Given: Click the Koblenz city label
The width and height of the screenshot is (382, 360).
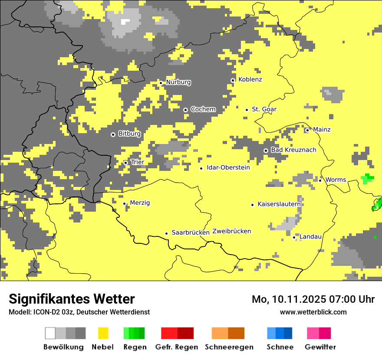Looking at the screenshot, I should (x=250, y=79).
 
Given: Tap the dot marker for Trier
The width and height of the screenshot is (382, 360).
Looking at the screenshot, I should (x=126, y=163).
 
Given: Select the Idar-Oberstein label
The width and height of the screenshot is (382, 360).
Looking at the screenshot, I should (x=228, y=167).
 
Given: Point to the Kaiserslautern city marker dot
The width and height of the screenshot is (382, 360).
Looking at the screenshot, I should (x=252, y=205).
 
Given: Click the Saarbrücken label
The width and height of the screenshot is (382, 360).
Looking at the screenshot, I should (x=191, y=232).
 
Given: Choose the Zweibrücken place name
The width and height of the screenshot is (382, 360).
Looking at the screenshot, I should (x=232, y=231).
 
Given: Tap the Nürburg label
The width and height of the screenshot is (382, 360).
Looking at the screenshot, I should (x=178, y=82).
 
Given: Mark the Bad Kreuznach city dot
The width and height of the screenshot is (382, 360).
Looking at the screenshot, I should (x=266, y=151).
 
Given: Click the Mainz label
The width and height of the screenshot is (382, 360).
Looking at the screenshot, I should (x=322, y=129).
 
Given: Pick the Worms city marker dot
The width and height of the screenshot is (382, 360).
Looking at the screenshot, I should (x=320, y=180).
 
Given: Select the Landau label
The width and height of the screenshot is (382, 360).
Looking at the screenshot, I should (x=310, y=236).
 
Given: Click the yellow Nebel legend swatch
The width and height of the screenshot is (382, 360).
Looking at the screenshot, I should (x=103, y=333).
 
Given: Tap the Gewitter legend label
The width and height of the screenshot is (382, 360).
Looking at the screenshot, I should (x=320, y=347).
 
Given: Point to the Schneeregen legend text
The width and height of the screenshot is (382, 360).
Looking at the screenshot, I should (x=229, y=347).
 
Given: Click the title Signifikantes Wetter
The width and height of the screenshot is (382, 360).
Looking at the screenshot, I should (x=72, y=299).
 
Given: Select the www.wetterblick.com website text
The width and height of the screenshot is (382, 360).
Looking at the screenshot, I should (x=313, y=312).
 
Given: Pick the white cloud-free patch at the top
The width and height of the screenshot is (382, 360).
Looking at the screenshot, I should (x=125, y=22).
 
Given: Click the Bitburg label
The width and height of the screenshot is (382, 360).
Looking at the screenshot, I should (x=129, y=134).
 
